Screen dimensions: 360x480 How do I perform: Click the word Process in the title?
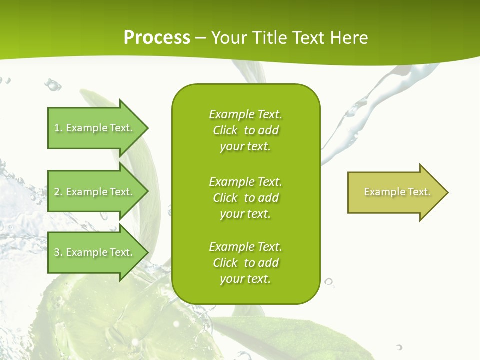tap(157, 38)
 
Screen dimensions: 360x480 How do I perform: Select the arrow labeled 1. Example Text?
tap(95, 128)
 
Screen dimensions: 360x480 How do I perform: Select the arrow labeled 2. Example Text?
tap(95, 192)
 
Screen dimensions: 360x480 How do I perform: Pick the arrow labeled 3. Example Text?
tap(95, 252)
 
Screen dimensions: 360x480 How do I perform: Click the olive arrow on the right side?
tap(395, 192)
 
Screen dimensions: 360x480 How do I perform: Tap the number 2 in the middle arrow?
tap(57, 192)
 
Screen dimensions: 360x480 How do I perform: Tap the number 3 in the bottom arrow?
tap(57, 252)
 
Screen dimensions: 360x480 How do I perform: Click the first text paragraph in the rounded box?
tap(245, 130)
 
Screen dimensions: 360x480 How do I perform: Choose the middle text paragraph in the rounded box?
tap(245, 198)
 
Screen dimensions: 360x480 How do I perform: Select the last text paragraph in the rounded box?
tap(245, 263)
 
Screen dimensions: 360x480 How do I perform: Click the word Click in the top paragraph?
tap(225, 130)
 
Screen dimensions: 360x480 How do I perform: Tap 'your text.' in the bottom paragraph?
tap(245, 279)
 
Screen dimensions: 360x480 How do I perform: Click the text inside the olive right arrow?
tap(397, 192)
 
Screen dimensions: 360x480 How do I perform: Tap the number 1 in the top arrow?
tap(57, 128)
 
